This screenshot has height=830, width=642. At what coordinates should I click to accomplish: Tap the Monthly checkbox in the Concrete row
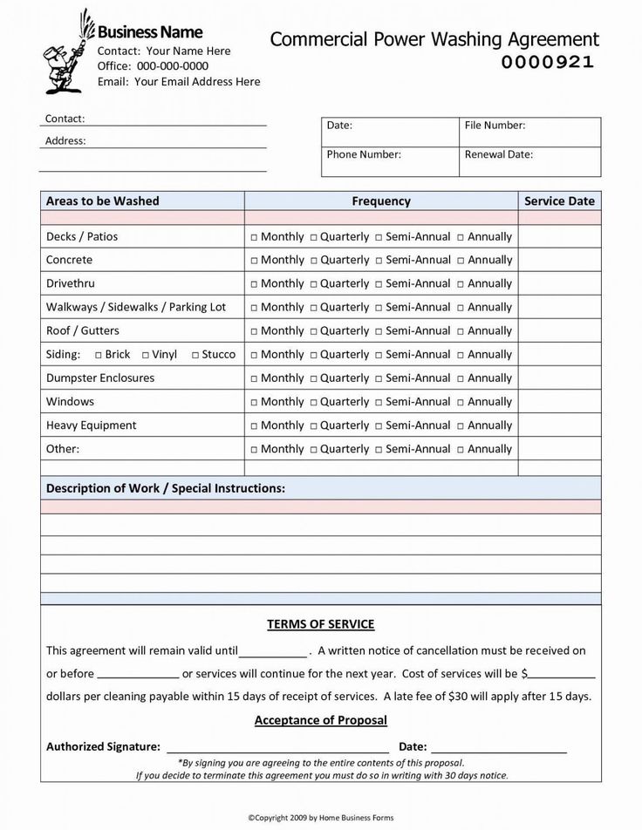click(x=254, y=261)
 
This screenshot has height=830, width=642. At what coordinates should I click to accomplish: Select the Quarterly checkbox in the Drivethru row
click(x=313, y=284)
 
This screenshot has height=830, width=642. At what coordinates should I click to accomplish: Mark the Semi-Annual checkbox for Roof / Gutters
click(x=379, y=331)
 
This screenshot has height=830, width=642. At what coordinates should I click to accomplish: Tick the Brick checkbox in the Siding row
click(x=98, y=355)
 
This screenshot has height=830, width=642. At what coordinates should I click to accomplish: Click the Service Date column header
click(x=559, y=201)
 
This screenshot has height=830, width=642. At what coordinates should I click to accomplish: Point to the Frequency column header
click(x=381, y=201)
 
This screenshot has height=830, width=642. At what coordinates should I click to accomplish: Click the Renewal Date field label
click(x=498, y=154)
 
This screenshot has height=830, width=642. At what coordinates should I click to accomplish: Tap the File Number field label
click(x=495, y=126)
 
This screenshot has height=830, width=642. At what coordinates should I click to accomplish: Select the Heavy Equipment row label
click(x=91, y=425)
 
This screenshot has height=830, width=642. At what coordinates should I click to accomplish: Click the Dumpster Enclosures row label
click(x=99, y=378)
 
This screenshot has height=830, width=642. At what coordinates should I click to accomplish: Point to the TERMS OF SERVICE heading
click(x=320, y=624)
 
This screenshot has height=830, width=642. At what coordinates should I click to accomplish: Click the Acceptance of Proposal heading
click(x=320, y=721)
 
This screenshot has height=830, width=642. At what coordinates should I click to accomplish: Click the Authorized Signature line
click(x=277, y=748)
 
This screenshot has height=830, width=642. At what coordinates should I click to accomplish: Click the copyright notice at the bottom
click(x=320, y=817)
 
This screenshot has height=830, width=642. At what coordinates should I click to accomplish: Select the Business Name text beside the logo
click(x=151, y=32)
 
